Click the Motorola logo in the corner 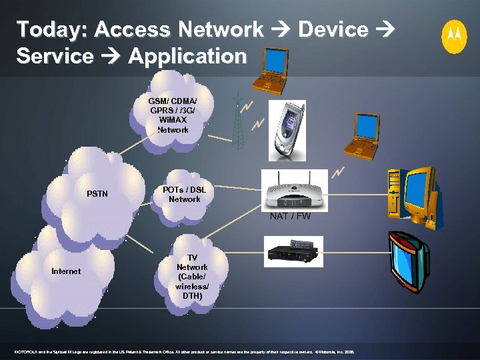tap(455, 36)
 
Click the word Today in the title tap(50, 29)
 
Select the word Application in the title tap(187, 56)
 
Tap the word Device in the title tap(333, 29)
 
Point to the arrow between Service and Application tap(111, 56)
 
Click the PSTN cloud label tap(97, 195)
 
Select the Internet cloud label tap(66, 271)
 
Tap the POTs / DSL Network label tap(185, 195)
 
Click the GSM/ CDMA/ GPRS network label tap(173, 115)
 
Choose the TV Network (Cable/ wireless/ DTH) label tap(192, 277)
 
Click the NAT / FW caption tap(290, 216)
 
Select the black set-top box tap(294, 251)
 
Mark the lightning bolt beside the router tap(338, 172)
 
